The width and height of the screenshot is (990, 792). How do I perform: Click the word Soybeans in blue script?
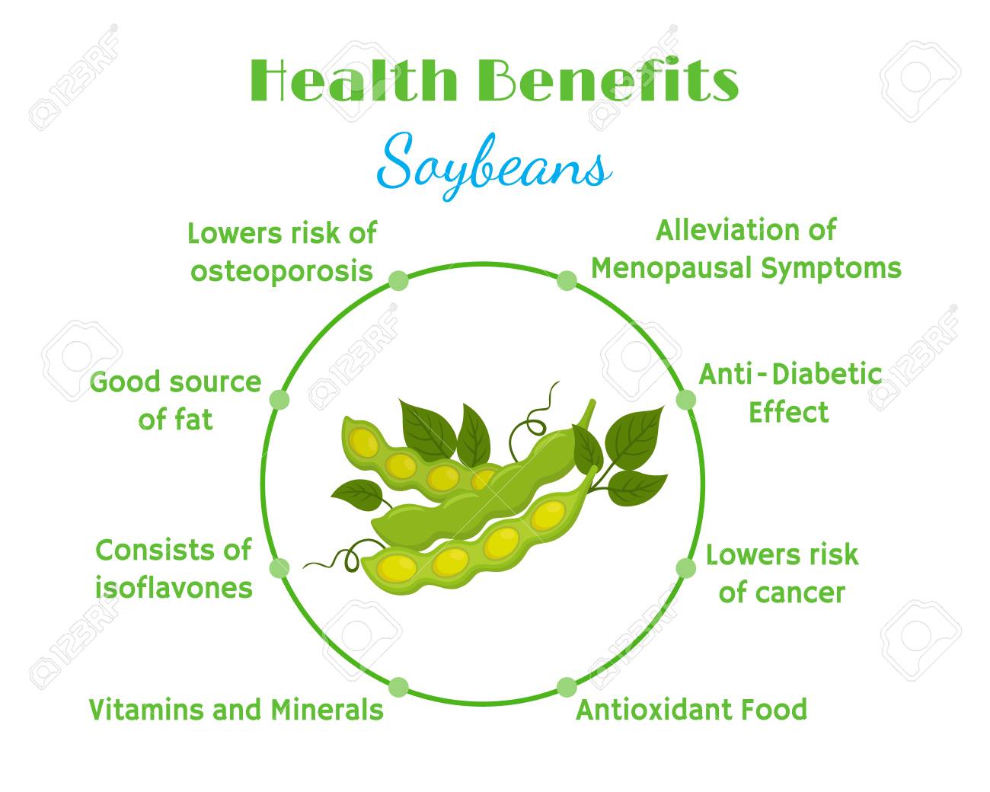494,167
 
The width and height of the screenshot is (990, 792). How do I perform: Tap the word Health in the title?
353,79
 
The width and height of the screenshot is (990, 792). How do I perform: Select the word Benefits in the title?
608,79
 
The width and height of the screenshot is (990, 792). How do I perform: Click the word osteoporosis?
282,272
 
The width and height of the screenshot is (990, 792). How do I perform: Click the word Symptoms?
831,269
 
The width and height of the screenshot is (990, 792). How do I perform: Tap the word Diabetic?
827,374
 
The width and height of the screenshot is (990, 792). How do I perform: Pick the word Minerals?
327,709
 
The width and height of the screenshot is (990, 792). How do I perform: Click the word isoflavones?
174,588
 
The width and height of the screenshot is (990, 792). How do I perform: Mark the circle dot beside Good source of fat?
279,399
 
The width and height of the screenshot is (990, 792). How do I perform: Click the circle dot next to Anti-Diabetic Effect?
686,399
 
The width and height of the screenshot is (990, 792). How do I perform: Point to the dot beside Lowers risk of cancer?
686,568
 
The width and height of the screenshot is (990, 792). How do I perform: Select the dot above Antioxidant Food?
567,687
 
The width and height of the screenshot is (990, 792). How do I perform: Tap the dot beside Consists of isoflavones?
279,568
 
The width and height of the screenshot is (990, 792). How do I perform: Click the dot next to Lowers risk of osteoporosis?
398,280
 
